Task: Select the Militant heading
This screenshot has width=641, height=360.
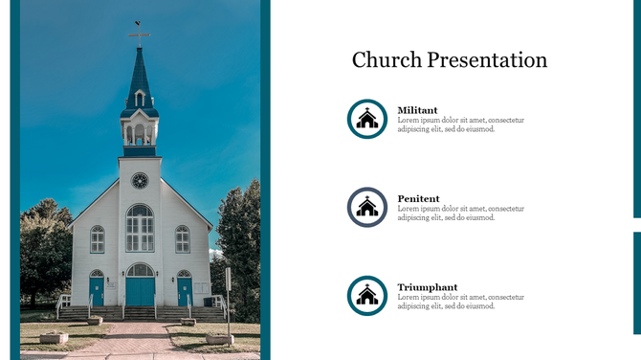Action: (x=417, y=110)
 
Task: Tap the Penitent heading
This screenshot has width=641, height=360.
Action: (x=418, y=199)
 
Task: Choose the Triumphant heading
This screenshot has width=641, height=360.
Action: (x=427, y=287)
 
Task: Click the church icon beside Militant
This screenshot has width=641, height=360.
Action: (x=367, y=119)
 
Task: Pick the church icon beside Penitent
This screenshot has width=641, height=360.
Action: (x=367, y=207)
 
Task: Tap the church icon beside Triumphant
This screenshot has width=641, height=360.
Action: (x=367, y=296)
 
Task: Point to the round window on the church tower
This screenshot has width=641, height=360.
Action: (x=140, y=180)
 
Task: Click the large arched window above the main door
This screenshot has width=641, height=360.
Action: (x=140, y=228)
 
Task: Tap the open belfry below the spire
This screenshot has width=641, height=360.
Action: (x=139, y=132)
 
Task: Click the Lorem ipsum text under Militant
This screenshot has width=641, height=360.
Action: (x=460, y=124)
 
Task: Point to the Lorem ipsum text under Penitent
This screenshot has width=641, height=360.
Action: (x=460, y=214)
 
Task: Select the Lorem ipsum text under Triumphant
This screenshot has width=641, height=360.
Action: (x=460, y=302)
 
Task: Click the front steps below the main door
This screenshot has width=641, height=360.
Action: (x=140, y=313)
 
